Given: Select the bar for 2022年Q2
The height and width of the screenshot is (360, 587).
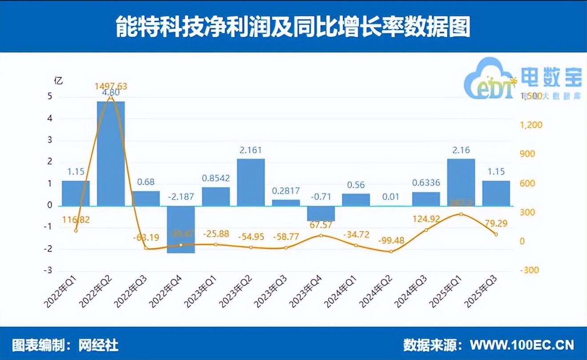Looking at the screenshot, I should [x=111, y=153].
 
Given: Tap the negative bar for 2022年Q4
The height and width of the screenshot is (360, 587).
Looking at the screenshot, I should [x=181, y=229].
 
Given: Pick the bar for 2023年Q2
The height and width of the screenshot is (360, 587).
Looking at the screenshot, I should [x=251, y=182].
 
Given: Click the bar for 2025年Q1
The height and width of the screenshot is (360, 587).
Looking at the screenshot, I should [x=461, y=182].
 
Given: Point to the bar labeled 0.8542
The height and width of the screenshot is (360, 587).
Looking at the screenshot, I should [x=216, y=196].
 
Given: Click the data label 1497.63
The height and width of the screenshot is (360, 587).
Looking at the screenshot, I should [x=111, y=86].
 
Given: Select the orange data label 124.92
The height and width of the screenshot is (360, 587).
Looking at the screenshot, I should [x=426, y=219].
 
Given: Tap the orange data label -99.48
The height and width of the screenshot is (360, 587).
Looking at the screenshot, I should [x=391, y=240].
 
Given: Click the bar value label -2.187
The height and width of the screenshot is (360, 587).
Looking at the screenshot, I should [x=181, y=196].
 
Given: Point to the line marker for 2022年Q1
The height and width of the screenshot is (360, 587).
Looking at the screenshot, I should [x=76, y=230].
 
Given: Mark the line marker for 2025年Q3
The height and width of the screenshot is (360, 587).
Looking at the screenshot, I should [x=496, y=234].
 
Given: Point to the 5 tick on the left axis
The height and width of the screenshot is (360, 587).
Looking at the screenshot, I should [x=49, y=97].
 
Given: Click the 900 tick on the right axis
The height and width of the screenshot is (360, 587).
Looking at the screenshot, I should [x=529, y=154].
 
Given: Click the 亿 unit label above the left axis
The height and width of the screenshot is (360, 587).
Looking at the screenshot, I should [x=58, y=81].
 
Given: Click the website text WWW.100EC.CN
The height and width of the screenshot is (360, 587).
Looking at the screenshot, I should [x=522, y=345].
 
